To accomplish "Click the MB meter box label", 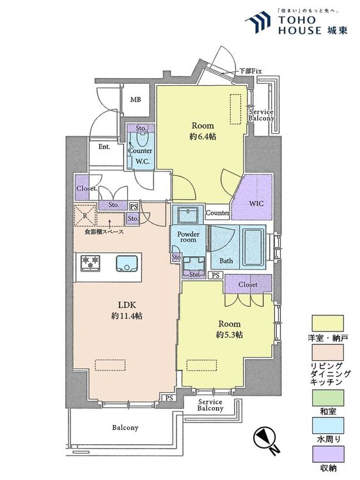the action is (136, 99).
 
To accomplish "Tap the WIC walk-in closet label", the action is (256, 204).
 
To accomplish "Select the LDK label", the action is (127, 305).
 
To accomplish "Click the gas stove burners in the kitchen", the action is (90, 263).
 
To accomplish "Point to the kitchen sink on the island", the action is (127, 263).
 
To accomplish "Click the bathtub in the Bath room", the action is (253, 247).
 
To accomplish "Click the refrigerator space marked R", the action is (85, 215).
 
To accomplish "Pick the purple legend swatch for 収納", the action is (327, 454).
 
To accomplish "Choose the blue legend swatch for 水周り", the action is (327, 425).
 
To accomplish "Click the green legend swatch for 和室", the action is (327, 397).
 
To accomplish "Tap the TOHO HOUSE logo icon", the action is (258, 22).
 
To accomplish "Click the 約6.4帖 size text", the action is (203, 136).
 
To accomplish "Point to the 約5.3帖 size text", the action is (230, 335).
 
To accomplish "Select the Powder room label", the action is (189, 237).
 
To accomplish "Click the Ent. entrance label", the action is (104, 147).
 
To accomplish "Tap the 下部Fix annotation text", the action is (250, 71).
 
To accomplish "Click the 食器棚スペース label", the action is (104, 232).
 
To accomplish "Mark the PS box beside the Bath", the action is (215, 275).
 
